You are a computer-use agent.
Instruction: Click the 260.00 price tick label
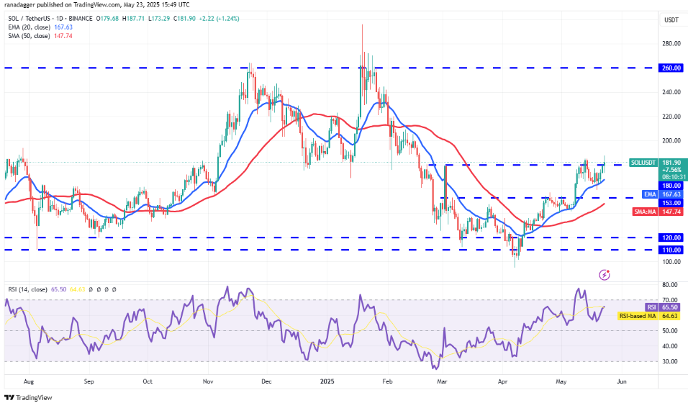[672, 68]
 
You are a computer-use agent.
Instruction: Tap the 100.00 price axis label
[672, 262]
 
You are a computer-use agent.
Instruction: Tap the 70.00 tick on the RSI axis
[671, 299]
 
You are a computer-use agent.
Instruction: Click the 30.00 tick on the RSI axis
[671, 361]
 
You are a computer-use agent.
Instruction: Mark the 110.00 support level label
[672, 250]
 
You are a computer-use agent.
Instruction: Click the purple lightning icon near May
[605, 274]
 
